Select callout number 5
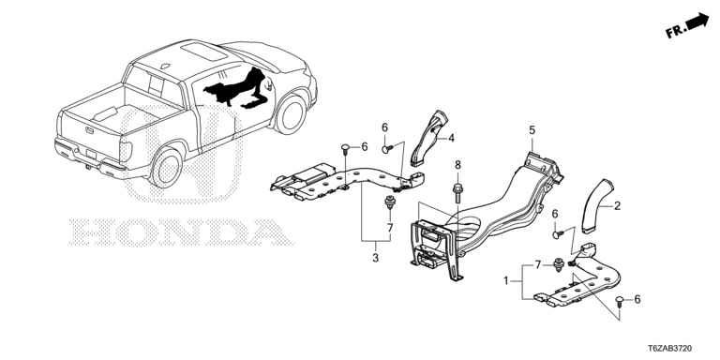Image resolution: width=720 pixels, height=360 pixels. pos(532,130)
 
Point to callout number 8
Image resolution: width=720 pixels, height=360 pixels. pos(457,165)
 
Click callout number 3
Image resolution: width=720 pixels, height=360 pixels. pos(376,258)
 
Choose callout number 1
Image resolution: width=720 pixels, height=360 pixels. pos(506,280)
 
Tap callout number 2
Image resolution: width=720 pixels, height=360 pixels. pos(617,206)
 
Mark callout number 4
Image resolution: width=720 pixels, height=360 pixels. pos(451,138)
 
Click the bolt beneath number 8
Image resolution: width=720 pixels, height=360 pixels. pos(457,193)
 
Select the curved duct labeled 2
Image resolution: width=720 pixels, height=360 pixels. pos(595,203)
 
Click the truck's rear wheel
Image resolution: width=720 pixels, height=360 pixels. pos(166,168)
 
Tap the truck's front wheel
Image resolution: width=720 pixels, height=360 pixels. pos(292,113)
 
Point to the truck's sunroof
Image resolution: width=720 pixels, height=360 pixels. pos(203,52)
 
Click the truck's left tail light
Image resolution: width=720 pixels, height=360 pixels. pos(126,151)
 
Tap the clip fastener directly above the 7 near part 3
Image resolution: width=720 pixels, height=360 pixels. pos(390,202)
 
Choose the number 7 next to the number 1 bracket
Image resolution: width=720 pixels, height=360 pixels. pos(537,265)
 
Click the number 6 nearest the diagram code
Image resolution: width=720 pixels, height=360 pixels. pos(637,299)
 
